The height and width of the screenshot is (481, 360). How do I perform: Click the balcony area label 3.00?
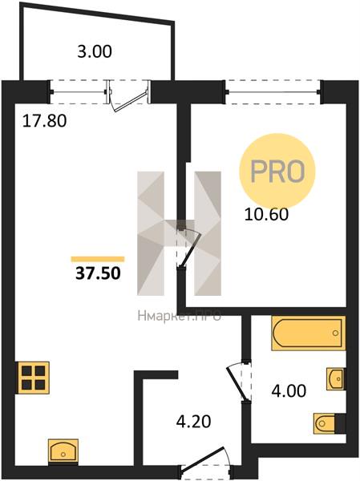tap(95, 51)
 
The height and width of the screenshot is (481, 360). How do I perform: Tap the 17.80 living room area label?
tap(45, 121)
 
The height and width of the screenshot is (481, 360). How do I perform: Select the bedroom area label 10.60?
tap(266, 214)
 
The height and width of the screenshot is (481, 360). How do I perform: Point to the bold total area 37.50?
tap(98, 273)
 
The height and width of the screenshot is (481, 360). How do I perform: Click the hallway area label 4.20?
tap(194, 421)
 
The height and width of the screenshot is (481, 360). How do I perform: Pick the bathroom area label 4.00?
tap(289, 391)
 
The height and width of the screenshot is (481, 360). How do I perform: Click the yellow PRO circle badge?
tap(277, 172)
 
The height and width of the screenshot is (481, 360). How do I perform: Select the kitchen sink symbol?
tap(63, 451)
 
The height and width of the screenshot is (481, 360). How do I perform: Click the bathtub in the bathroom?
tap(308, 333)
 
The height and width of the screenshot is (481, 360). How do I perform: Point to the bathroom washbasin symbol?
tap(335, 378)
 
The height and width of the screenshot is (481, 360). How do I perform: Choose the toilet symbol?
tap(329, 423)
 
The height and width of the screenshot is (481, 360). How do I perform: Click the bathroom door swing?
tap(239, 380)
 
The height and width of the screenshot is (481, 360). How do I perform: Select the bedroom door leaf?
tap(190, 248)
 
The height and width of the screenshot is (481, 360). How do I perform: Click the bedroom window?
tap(273, 91)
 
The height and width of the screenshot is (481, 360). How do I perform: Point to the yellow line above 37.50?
tap(98, 259)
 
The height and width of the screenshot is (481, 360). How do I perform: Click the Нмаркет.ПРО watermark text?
tap(180, 316)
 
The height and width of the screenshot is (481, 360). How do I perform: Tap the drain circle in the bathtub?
tap(335, 333)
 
